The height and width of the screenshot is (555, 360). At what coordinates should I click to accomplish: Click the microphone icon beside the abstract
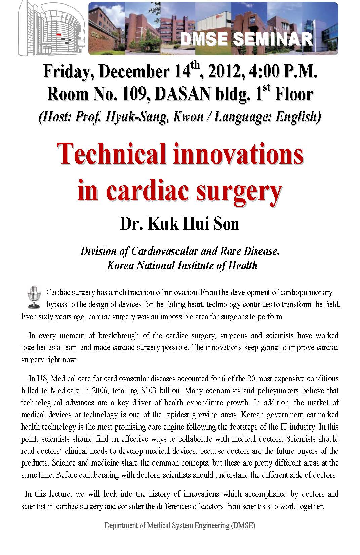[x=33, y=297]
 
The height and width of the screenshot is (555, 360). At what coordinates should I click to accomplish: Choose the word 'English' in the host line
[x=297, y=117]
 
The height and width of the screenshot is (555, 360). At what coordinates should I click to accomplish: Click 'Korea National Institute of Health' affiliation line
[x=182, y=265]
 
